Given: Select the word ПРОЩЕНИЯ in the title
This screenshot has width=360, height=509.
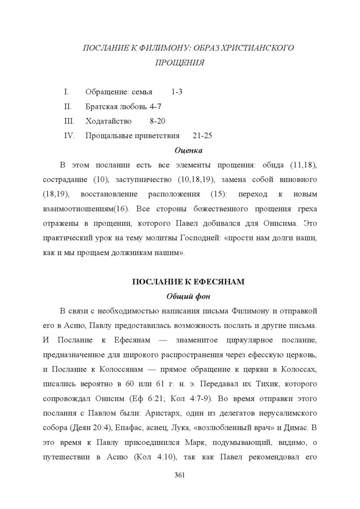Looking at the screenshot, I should [180, 63].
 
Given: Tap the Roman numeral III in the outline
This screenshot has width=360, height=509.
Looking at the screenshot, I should [69, 121].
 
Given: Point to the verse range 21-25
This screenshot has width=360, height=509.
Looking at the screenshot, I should [202, 135].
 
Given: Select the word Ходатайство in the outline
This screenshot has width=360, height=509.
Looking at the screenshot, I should [108, 121].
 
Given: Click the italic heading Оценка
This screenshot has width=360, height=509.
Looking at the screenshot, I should [188, 150].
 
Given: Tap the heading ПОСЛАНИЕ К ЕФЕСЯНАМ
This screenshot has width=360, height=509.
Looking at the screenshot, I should [188, 282].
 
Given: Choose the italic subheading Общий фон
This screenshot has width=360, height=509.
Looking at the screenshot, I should [188, 297].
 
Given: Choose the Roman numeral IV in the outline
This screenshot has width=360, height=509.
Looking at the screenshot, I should [69, 135].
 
